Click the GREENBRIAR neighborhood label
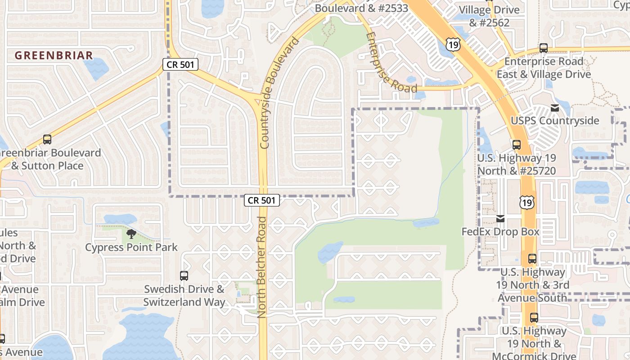click(54, 55)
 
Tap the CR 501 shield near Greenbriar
click(180, 65)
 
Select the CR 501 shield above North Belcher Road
click(262, 200)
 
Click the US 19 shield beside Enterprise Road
click(454, 43)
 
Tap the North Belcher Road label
click(262, 267)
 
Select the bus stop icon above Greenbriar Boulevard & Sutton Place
click(47, 139)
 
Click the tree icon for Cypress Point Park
click(131, 234)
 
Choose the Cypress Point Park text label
click(131, 247)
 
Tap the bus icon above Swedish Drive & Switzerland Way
click(184, 275)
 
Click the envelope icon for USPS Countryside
click(554, 108)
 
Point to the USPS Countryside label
click(555, 121)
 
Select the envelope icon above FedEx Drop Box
click(500, 219)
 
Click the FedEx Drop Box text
click(500, 232)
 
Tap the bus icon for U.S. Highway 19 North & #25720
click(516, 145)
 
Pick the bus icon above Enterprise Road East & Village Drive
click(543, 48)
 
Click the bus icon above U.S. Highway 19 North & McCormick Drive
click(534, 318)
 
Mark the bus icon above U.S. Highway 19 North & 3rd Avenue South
click(532, 259)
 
